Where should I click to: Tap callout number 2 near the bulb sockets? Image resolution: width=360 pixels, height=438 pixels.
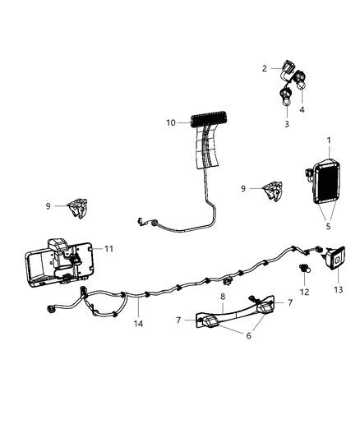(x=265, y=68)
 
